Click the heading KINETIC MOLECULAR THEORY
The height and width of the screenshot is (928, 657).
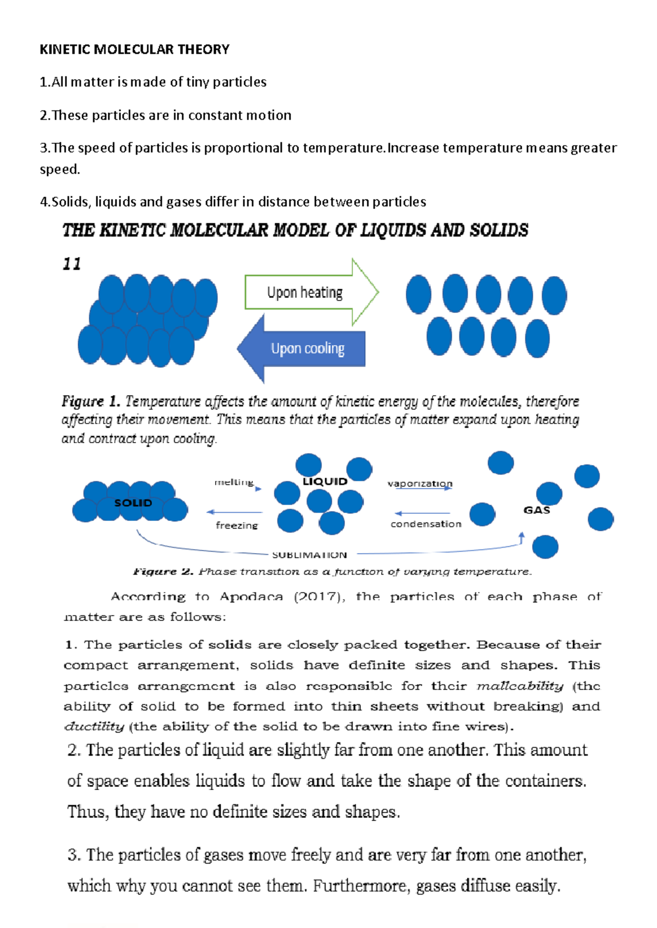click(135, 50)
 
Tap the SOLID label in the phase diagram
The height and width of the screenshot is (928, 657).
click(133, 503)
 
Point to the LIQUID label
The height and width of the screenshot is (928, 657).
click(325, 482)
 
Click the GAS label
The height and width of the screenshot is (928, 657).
click(537, 510)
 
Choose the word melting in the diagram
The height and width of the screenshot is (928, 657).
click(234, 482)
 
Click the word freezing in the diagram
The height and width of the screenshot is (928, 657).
click(237, 525)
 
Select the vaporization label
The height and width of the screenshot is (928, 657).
click(420, 484)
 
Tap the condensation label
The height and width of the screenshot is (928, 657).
click(426, 524)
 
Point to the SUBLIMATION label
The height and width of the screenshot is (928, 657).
click(309, 555)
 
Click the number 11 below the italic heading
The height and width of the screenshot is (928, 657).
click(72, 264)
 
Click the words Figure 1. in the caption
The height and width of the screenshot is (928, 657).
click(91, 402)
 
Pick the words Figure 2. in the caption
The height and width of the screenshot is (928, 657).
click(163, 572)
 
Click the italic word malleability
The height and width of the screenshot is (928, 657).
click(520, 686)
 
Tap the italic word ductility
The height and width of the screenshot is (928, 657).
click(94, 727)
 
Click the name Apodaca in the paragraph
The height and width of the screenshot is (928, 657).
click(251, 596)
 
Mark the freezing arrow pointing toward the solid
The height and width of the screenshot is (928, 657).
click(234, 513)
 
